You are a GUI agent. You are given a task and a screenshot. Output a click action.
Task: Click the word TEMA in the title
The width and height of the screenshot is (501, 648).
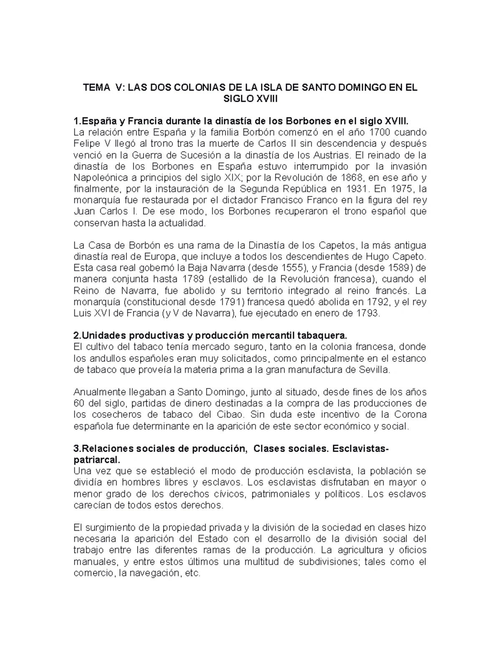(94, 88)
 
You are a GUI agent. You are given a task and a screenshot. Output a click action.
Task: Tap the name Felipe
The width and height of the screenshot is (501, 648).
(86, 144)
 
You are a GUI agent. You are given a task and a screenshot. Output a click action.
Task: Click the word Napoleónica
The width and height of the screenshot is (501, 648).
(99, 178)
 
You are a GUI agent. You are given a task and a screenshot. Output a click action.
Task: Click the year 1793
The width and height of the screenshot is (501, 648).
(367, 313)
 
